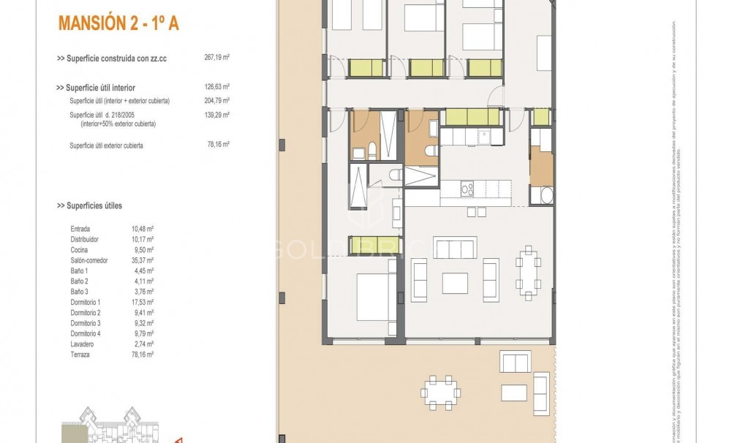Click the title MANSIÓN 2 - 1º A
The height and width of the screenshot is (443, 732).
pyautogui.click(x=118, y=23)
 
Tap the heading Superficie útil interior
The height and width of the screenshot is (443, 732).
pyautogui.click(x=96, y=88)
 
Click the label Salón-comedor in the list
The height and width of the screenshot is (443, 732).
pyautogui.click(x=89, y=260)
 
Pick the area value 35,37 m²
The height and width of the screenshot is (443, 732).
pyautogui.click(x=143, y=260)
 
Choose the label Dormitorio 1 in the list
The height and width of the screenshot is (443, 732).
pyautogui.click(x=86, y=302)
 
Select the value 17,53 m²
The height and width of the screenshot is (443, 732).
pyautogui.click(x=143, y=302)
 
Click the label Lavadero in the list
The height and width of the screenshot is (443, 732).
pyautogui.click(x=83, y=344)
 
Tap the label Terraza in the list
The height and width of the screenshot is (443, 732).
pyautogui.click(x=81, y=355)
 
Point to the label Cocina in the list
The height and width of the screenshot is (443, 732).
pyautogui.click(x=80, y=249)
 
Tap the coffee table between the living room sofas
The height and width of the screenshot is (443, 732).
pyautogui.click(x=454, y=281)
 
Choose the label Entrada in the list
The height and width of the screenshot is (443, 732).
pyautogui.click(x=80, y=229)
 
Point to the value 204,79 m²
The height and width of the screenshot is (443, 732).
pyautogui.click(x=217, y=101)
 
